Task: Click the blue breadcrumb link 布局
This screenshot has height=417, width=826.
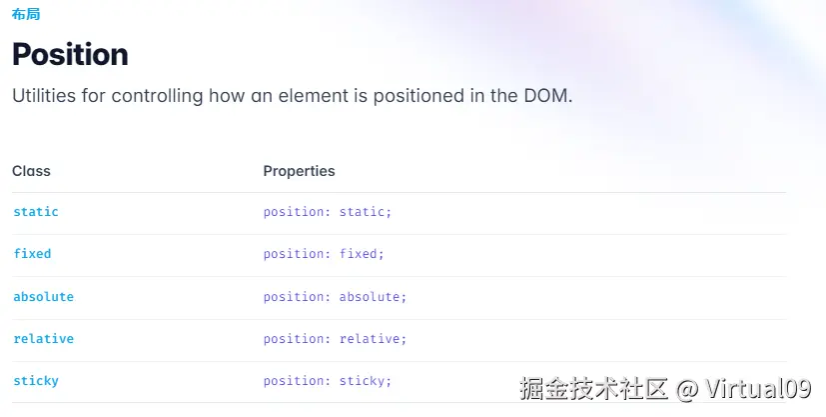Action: [26, 14]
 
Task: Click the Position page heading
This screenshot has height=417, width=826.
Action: [70, 54]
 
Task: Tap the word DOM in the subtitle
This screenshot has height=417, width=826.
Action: [547, 96]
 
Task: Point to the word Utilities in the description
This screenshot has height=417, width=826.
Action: [44, 96]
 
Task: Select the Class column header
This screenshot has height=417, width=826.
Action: [31, 171]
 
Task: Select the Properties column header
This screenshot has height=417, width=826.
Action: [299, 171]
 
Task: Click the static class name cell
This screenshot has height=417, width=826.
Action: [36, 212]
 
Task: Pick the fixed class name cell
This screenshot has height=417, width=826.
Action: [32, 254]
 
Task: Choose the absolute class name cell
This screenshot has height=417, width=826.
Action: [43, 297]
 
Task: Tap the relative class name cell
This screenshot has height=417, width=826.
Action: [43, 338]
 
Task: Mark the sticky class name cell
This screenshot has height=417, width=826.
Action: [36, 381]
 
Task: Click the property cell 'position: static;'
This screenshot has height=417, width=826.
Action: [328, 212]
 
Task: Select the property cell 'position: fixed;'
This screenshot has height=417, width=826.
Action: [324, 254]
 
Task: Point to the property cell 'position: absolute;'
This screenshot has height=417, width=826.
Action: [335, 297]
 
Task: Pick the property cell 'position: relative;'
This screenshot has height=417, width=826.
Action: [335, 338]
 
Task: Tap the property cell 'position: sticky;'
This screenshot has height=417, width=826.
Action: [328, 381]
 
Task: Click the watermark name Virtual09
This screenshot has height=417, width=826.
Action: [758, 389]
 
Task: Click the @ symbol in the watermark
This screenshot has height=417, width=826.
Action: [686, 390]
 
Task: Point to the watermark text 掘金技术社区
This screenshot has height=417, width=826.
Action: [593, 389]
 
